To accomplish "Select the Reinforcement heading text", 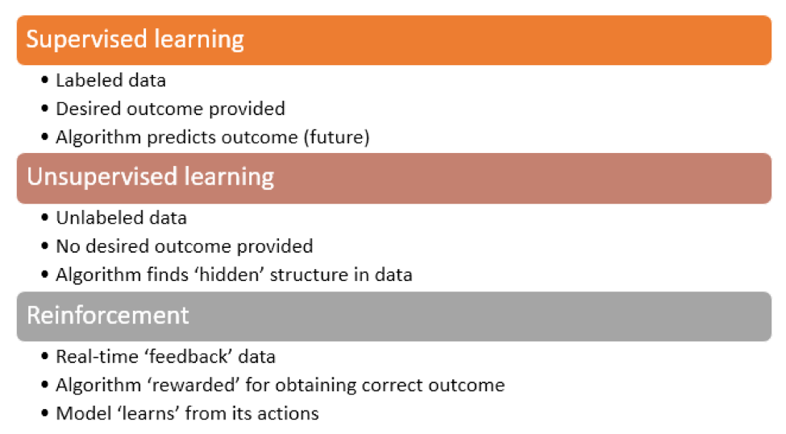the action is [108, 315].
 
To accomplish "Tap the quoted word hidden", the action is [231, 275].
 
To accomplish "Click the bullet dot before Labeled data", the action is [45, 80].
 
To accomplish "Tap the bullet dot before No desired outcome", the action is [45, 246].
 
